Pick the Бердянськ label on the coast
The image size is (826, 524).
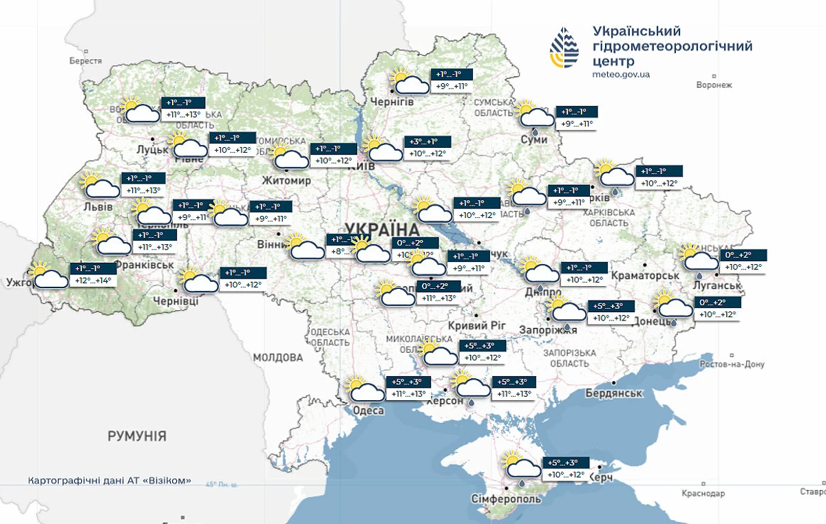pyautogui.click(x=614, y=393)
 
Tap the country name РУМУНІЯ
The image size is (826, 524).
pyautogui.click(x=137, y=436)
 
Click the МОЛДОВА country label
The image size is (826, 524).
pyautogui.click(x=278, y=358)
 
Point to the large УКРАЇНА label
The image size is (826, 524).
pyautogui.click(x=383, y=229)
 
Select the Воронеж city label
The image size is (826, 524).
pyautogui.click(x=714, y=85)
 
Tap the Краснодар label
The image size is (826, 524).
pyautogui.click(x=703, y=494)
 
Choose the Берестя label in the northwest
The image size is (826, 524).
pyautogui.click(x=85, y=61)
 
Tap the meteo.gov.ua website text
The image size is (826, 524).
pyautogui.click(x=622, y=74)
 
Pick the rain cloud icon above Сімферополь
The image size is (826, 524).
pyautogui.click(x=521, y=466)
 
